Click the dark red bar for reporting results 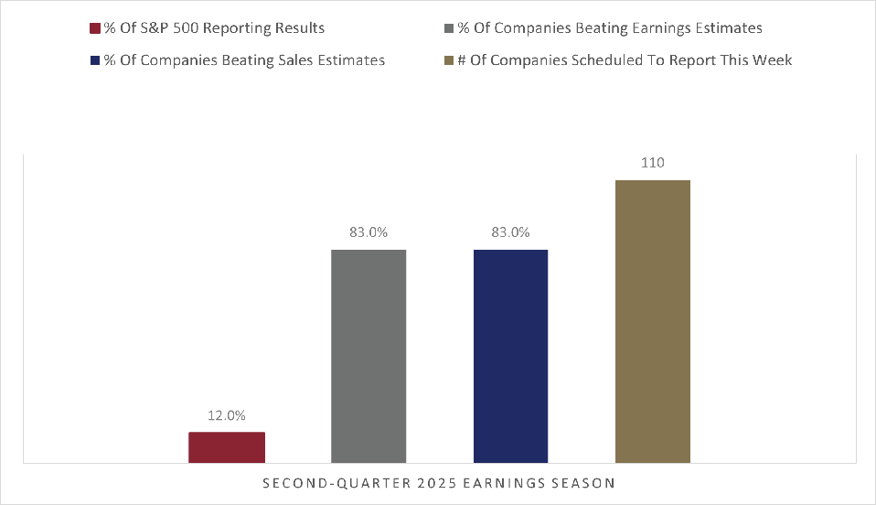coord(227,447)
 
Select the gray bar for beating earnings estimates coord(369,356)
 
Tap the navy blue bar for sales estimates coord(510,356)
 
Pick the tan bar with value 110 coord(652,321)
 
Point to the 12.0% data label coord(227,415)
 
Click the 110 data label coord(652,163)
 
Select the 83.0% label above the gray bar coord(369,232)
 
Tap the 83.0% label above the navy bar coord(510,232)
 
